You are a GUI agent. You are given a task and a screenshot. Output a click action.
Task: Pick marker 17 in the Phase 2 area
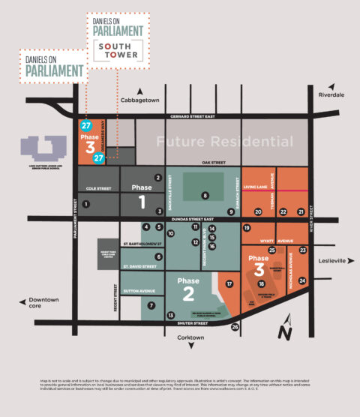point(229,284)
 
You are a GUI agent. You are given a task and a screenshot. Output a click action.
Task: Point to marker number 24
point(302,280)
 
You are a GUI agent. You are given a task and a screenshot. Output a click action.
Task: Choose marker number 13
point(171,316)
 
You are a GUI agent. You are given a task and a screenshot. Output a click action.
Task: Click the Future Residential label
point(224,142)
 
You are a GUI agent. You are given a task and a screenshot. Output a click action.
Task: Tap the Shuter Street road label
point(192,324)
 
